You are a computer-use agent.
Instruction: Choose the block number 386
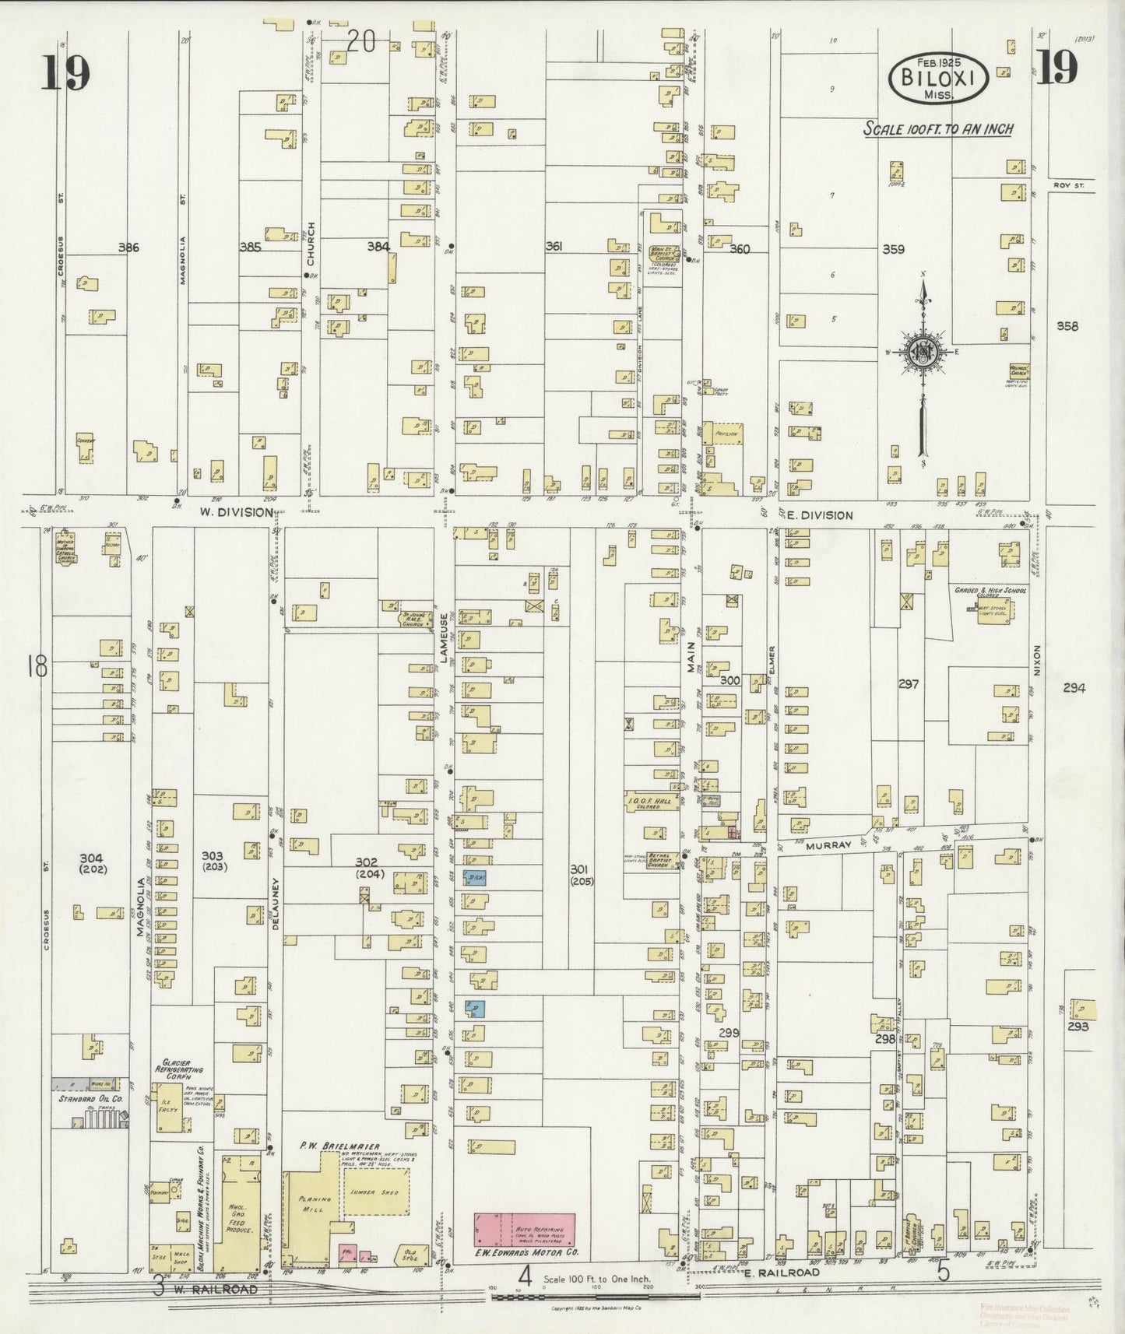128,247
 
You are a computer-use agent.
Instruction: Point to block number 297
908,684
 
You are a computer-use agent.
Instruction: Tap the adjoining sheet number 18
36,666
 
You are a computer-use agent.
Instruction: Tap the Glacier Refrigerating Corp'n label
181,1069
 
